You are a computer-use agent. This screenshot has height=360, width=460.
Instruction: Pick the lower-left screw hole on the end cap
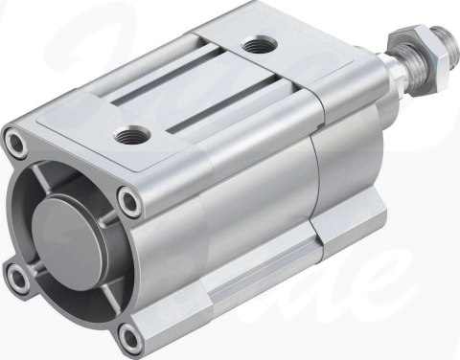(x=16, y=278)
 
